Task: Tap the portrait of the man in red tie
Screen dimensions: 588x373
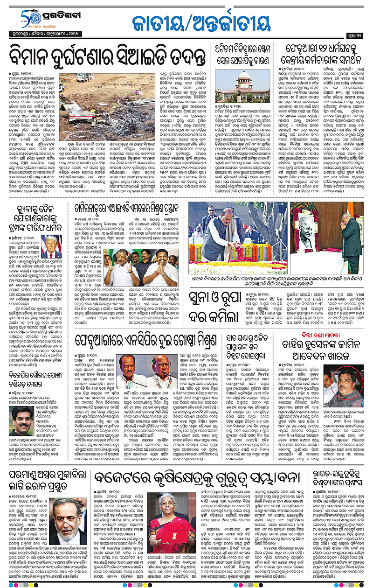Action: [51, 247]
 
